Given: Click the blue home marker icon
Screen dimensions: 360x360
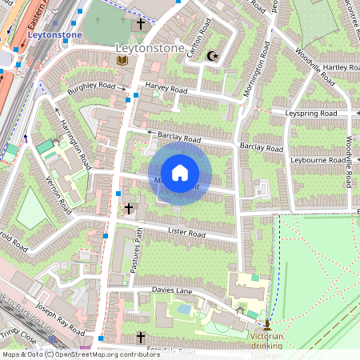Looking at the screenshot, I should tap(180, 173).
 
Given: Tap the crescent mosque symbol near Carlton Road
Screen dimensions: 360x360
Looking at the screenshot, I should tap(212, 56).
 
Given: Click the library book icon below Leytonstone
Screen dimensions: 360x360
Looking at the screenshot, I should tap(122, 61).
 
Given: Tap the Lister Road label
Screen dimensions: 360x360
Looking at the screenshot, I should tap(186, 234).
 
